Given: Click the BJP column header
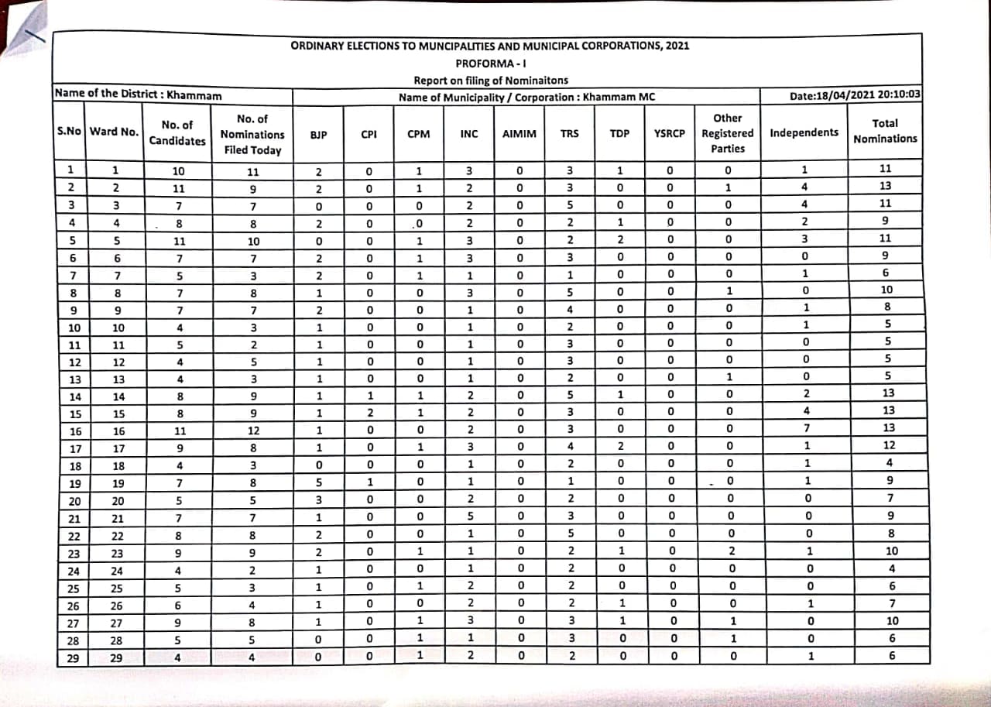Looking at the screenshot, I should [x=317, y=134].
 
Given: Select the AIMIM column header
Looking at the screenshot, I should [x=519, y=134].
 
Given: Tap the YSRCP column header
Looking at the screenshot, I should [x=670, y=133].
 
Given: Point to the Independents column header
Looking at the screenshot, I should [x=804, y=132].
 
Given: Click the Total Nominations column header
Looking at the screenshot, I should [x=885, y=131].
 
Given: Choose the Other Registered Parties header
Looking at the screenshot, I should [x=727, y=133].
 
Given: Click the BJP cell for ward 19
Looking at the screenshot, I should [x=317, y=482].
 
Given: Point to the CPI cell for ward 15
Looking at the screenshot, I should [x=369, y=412].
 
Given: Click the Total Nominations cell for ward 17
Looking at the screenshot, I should [x=890, y=445].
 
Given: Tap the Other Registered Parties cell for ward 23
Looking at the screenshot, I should [x=732, y=551].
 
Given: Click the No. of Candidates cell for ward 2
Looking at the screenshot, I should [x=178, y=188].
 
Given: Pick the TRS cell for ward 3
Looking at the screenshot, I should [x=571, y=205].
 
